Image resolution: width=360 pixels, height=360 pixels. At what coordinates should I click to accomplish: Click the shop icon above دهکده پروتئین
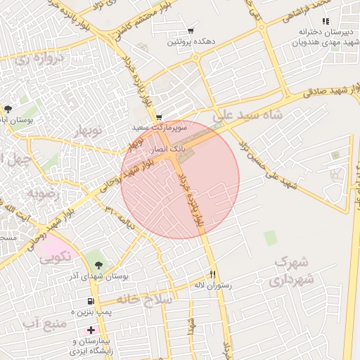coord(191,31)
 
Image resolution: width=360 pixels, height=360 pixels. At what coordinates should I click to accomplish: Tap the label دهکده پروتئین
coord(191,43)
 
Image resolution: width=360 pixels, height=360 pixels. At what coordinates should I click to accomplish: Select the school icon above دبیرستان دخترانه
coord(325,21)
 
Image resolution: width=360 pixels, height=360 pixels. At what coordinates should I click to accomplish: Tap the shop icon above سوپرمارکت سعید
coord(159,117)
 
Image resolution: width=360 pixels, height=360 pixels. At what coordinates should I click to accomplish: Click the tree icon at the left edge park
coord(8,108)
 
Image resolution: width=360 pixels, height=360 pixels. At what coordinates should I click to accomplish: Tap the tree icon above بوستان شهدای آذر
coord(98,265)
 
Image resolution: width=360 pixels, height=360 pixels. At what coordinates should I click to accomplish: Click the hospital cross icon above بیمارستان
coord(91,330)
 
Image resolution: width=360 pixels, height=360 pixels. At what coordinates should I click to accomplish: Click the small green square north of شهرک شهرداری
coord(271,238)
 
